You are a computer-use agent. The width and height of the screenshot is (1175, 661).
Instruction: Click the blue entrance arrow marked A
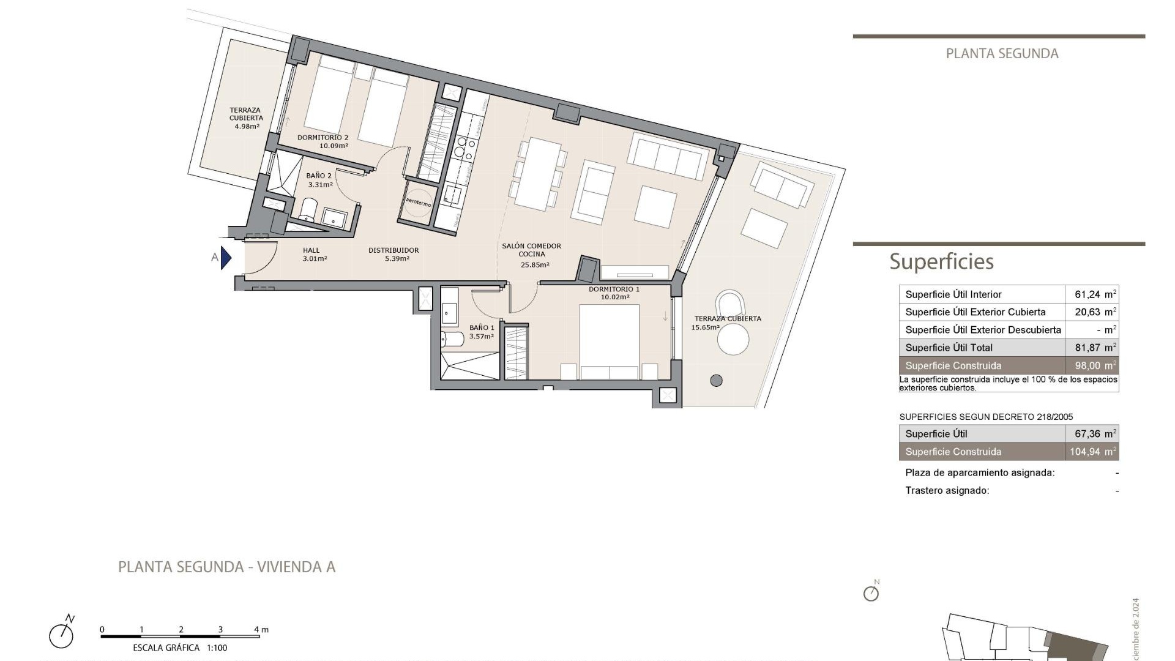225,258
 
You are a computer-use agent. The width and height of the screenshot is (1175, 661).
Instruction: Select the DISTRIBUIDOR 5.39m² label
394,254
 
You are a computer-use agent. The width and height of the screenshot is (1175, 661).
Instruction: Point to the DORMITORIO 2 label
323,138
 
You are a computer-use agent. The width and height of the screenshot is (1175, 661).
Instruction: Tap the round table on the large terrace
733,340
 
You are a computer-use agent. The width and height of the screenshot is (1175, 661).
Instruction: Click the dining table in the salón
537,174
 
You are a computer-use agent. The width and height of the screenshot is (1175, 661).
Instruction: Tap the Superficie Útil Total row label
949,348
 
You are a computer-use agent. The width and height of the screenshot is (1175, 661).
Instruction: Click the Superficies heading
941,262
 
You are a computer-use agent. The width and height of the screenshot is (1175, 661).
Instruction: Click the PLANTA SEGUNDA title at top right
1002,54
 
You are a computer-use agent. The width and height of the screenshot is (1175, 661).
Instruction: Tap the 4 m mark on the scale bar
261,630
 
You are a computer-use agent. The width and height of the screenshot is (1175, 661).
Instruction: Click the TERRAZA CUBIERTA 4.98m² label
246,118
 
